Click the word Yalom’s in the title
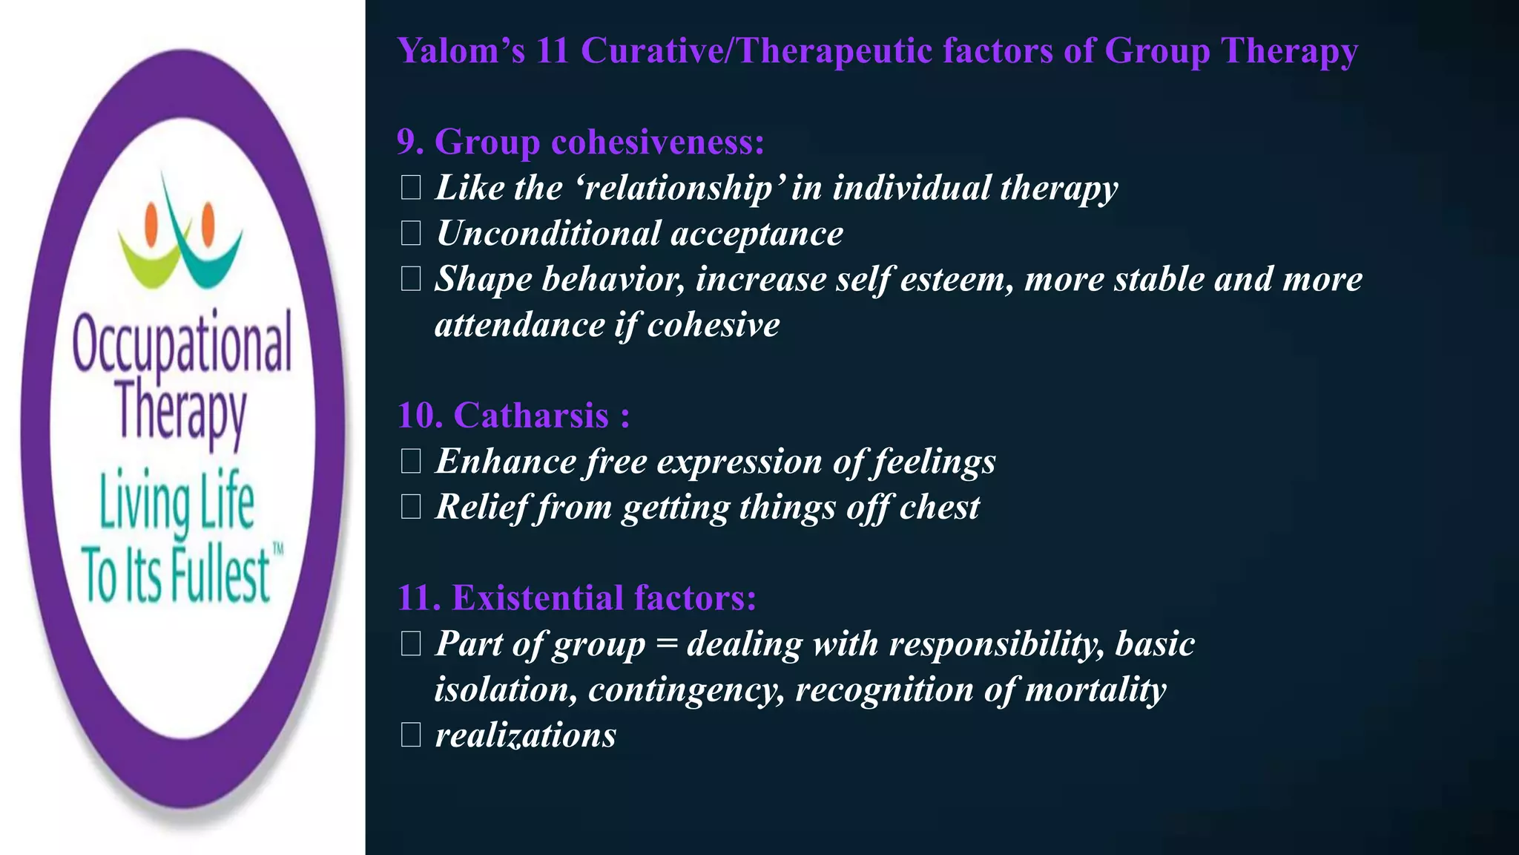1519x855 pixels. (x=461, y=51)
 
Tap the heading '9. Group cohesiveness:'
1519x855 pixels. (x=580, y=142)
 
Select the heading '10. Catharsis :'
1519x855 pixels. (x=513, y=416)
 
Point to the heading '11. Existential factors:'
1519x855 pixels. (x=576, y=598)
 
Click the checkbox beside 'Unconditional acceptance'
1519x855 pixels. (x=410, y=234)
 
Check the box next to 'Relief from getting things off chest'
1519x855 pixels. (x=410, y=508)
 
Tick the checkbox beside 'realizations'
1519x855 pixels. (x=410, y=736)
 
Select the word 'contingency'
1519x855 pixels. (x=686, y=690)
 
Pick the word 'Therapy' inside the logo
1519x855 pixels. (x=182, y=413)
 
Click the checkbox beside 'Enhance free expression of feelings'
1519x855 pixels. (x=410, y=462)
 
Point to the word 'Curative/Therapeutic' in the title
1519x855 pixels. (x=756, y=51)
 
